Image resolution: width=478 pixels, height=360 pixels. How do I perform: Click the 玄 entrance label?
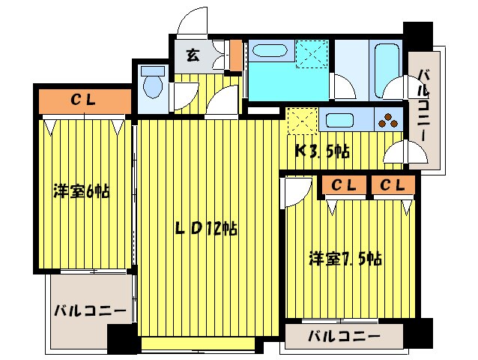193,55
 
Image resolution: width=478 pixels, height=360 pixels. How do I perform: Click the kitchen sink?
342,119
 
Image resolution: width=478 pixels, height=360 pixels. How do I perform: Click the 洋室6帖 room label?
81,190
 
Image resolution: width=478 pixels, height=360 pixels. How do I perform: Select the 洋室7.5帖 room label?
346,259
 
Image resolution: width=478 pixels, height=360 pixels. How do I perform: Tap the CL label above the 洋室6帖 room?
82,99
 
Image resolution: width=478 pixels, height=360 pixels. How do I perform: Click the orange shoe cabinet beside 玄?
235,54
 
